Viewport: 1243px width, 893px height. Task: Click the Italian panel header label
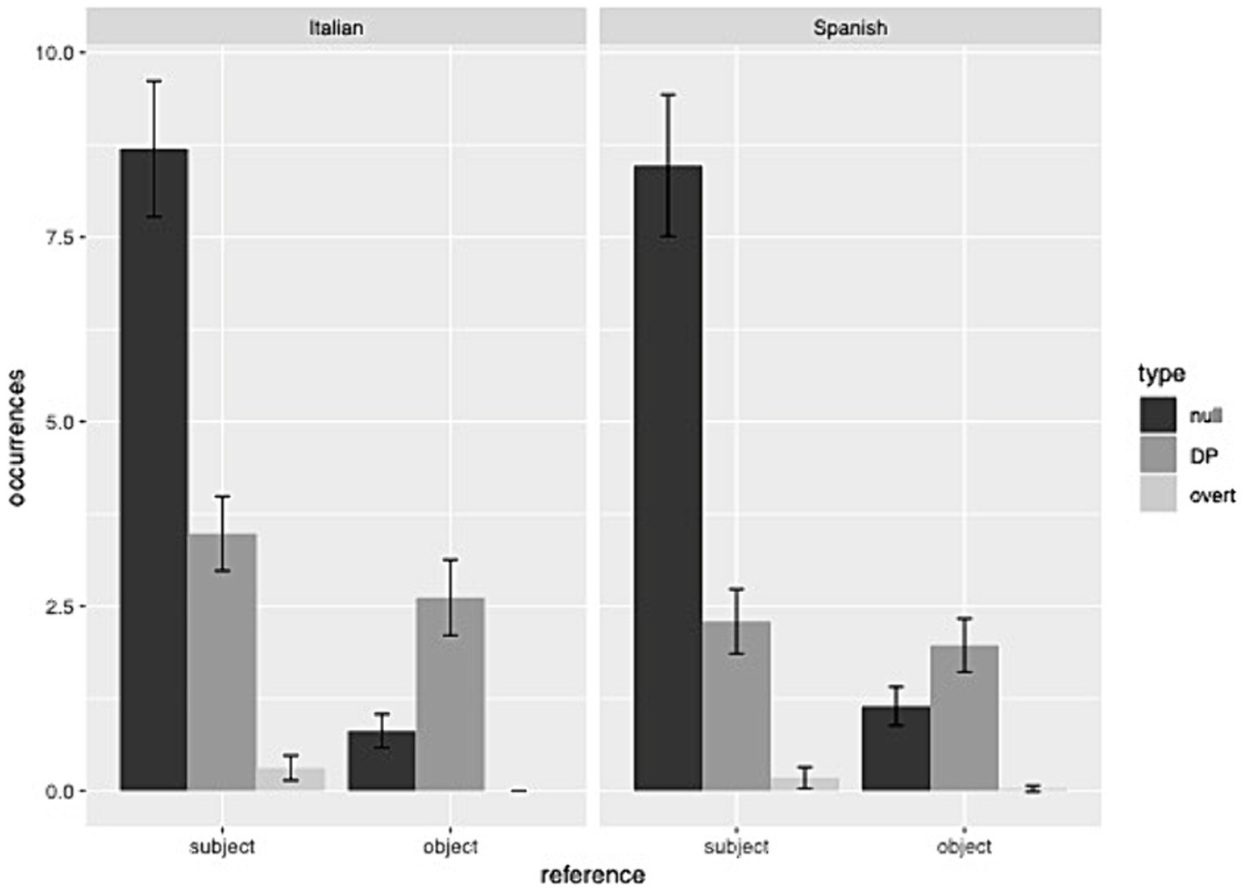[336, 27]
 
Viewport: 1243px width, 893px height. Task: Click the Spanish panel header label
[849, 27]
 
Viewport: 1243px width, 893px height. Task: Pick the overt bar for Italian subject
[291, 779]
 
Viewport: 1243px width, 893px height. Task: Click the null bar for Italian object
[381, 761]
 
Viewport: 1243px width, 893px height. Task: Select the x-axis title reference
[593, 875]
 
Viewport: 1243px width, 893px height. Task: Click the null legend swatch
[1158, 415]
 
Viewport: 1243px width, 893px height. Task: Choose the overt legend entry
[1211, 496]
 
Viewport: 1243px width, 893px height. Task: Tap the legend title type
[1161, 374]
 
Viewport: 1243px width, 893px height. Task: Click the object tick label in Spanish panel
[964, 847]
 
